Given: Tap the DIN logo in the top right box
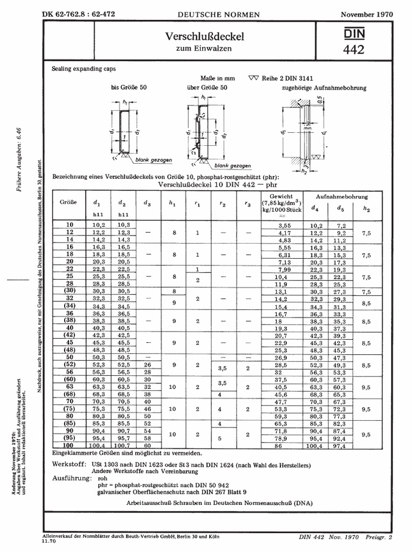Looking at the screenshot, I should coord(354,33).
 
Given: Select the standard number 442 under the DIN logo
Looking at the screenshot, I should coord(353,50).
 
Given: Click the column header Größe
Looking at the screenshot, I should coord(68,203).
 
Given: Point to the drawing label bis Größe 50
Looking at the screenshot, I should coord(129,87).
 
